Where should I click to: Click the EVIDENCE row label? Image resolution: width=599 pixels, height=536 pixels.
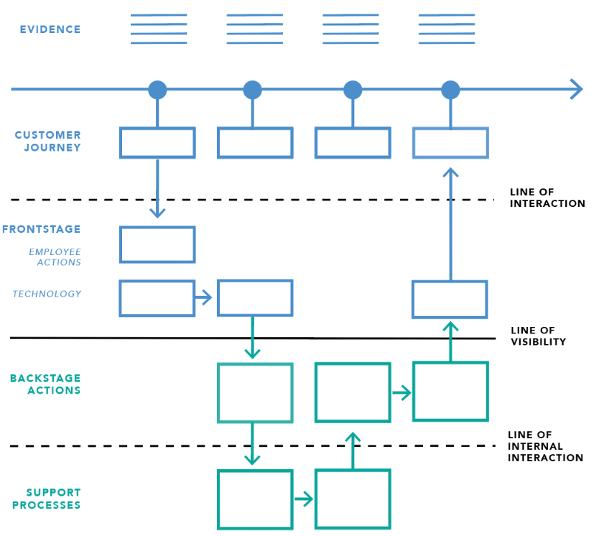(x=50, y=29)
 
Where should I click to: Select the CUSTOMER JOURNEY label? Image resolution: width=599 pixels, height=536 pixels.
(x=48, y=141)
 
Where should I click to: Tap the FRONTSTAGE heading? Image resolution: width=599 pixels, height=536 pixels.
(x=41, y=229)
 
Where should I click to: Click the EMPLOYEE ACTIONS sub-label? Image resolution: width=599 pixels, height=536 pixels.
(x=55, y=257)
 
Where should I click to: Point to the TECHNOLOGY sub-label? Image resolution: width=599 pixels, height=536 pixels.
(x=47, y=294)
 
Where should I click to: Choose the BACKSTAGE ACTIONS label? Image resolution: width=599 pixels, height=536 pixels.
(x=45, y=384)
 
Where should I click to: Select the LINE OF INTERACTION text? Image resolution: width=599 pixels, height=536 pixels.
(x=547, y=198)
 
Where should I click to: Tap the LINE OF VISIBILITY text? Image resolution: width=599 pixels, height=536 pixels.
(x=538, y=336)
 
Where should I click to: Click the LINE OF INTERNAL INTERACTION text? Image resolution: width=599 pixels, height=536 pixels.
(x=544, y=446)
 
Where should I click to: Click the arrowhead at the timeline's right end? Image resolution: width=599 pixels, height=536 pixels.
(x=576, y=89)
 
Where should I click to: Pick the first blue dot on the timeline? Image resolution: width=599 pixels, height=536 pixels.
(x=157, y=90)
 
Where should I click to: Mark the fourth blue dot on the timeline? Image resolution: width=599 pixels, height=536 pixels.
(x=450, y=90)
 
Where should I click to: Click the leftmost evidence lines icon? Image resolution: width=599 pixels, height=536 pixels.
(x=159, y=29)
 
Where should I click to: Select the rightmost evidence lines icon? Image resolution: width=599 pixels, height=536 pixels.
(x=447, y=29)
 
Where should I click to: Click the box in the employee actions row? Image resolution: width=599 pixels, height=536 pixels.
(x=157, y=245)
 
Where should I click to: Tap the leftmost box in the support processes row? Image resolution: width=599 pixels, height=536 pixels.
(x=255, y=499)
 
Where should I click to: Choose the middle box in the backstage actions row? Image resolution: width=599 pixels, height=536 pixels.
(x=353, y=392)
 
